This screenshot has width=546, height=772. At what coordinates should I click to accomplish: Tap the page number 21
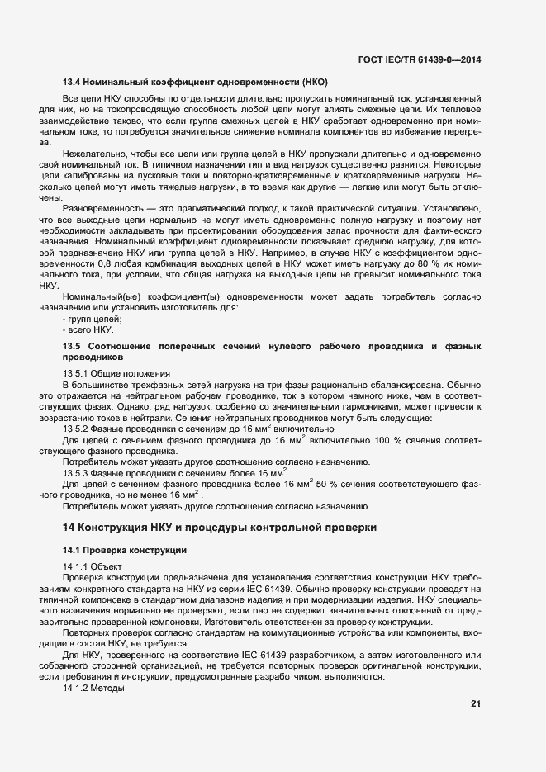click(475, 704)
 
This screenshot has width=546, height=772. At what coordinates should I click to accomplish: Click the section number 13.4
click(72, 83)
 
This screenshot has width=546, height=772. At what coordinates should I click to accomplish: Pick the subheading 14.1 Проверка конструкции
click(126, 550)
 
